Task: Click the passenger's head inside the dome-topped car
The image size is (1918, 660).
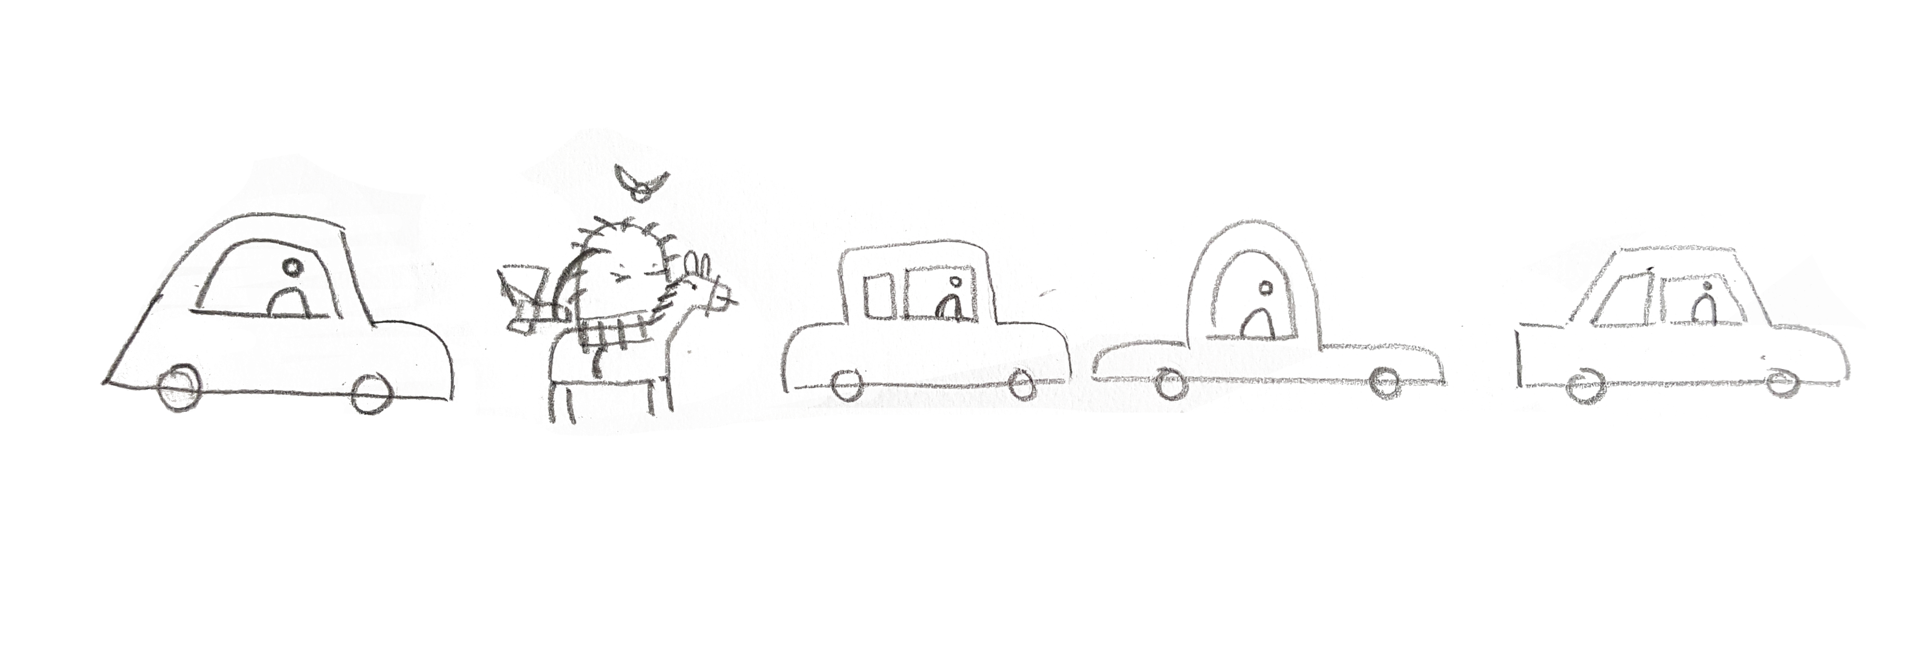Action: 1264,287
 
